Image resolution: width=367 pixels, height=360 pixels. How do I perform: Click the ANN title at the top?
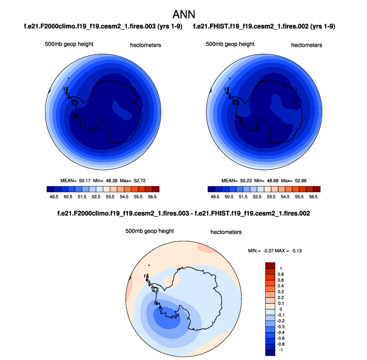pos(183,13)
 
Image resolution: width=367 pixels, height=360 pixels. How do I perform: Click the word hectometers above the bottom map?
pos(226,232)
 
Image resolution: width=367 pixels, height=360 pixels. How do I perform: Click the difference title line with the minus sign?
pos(183,214)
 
